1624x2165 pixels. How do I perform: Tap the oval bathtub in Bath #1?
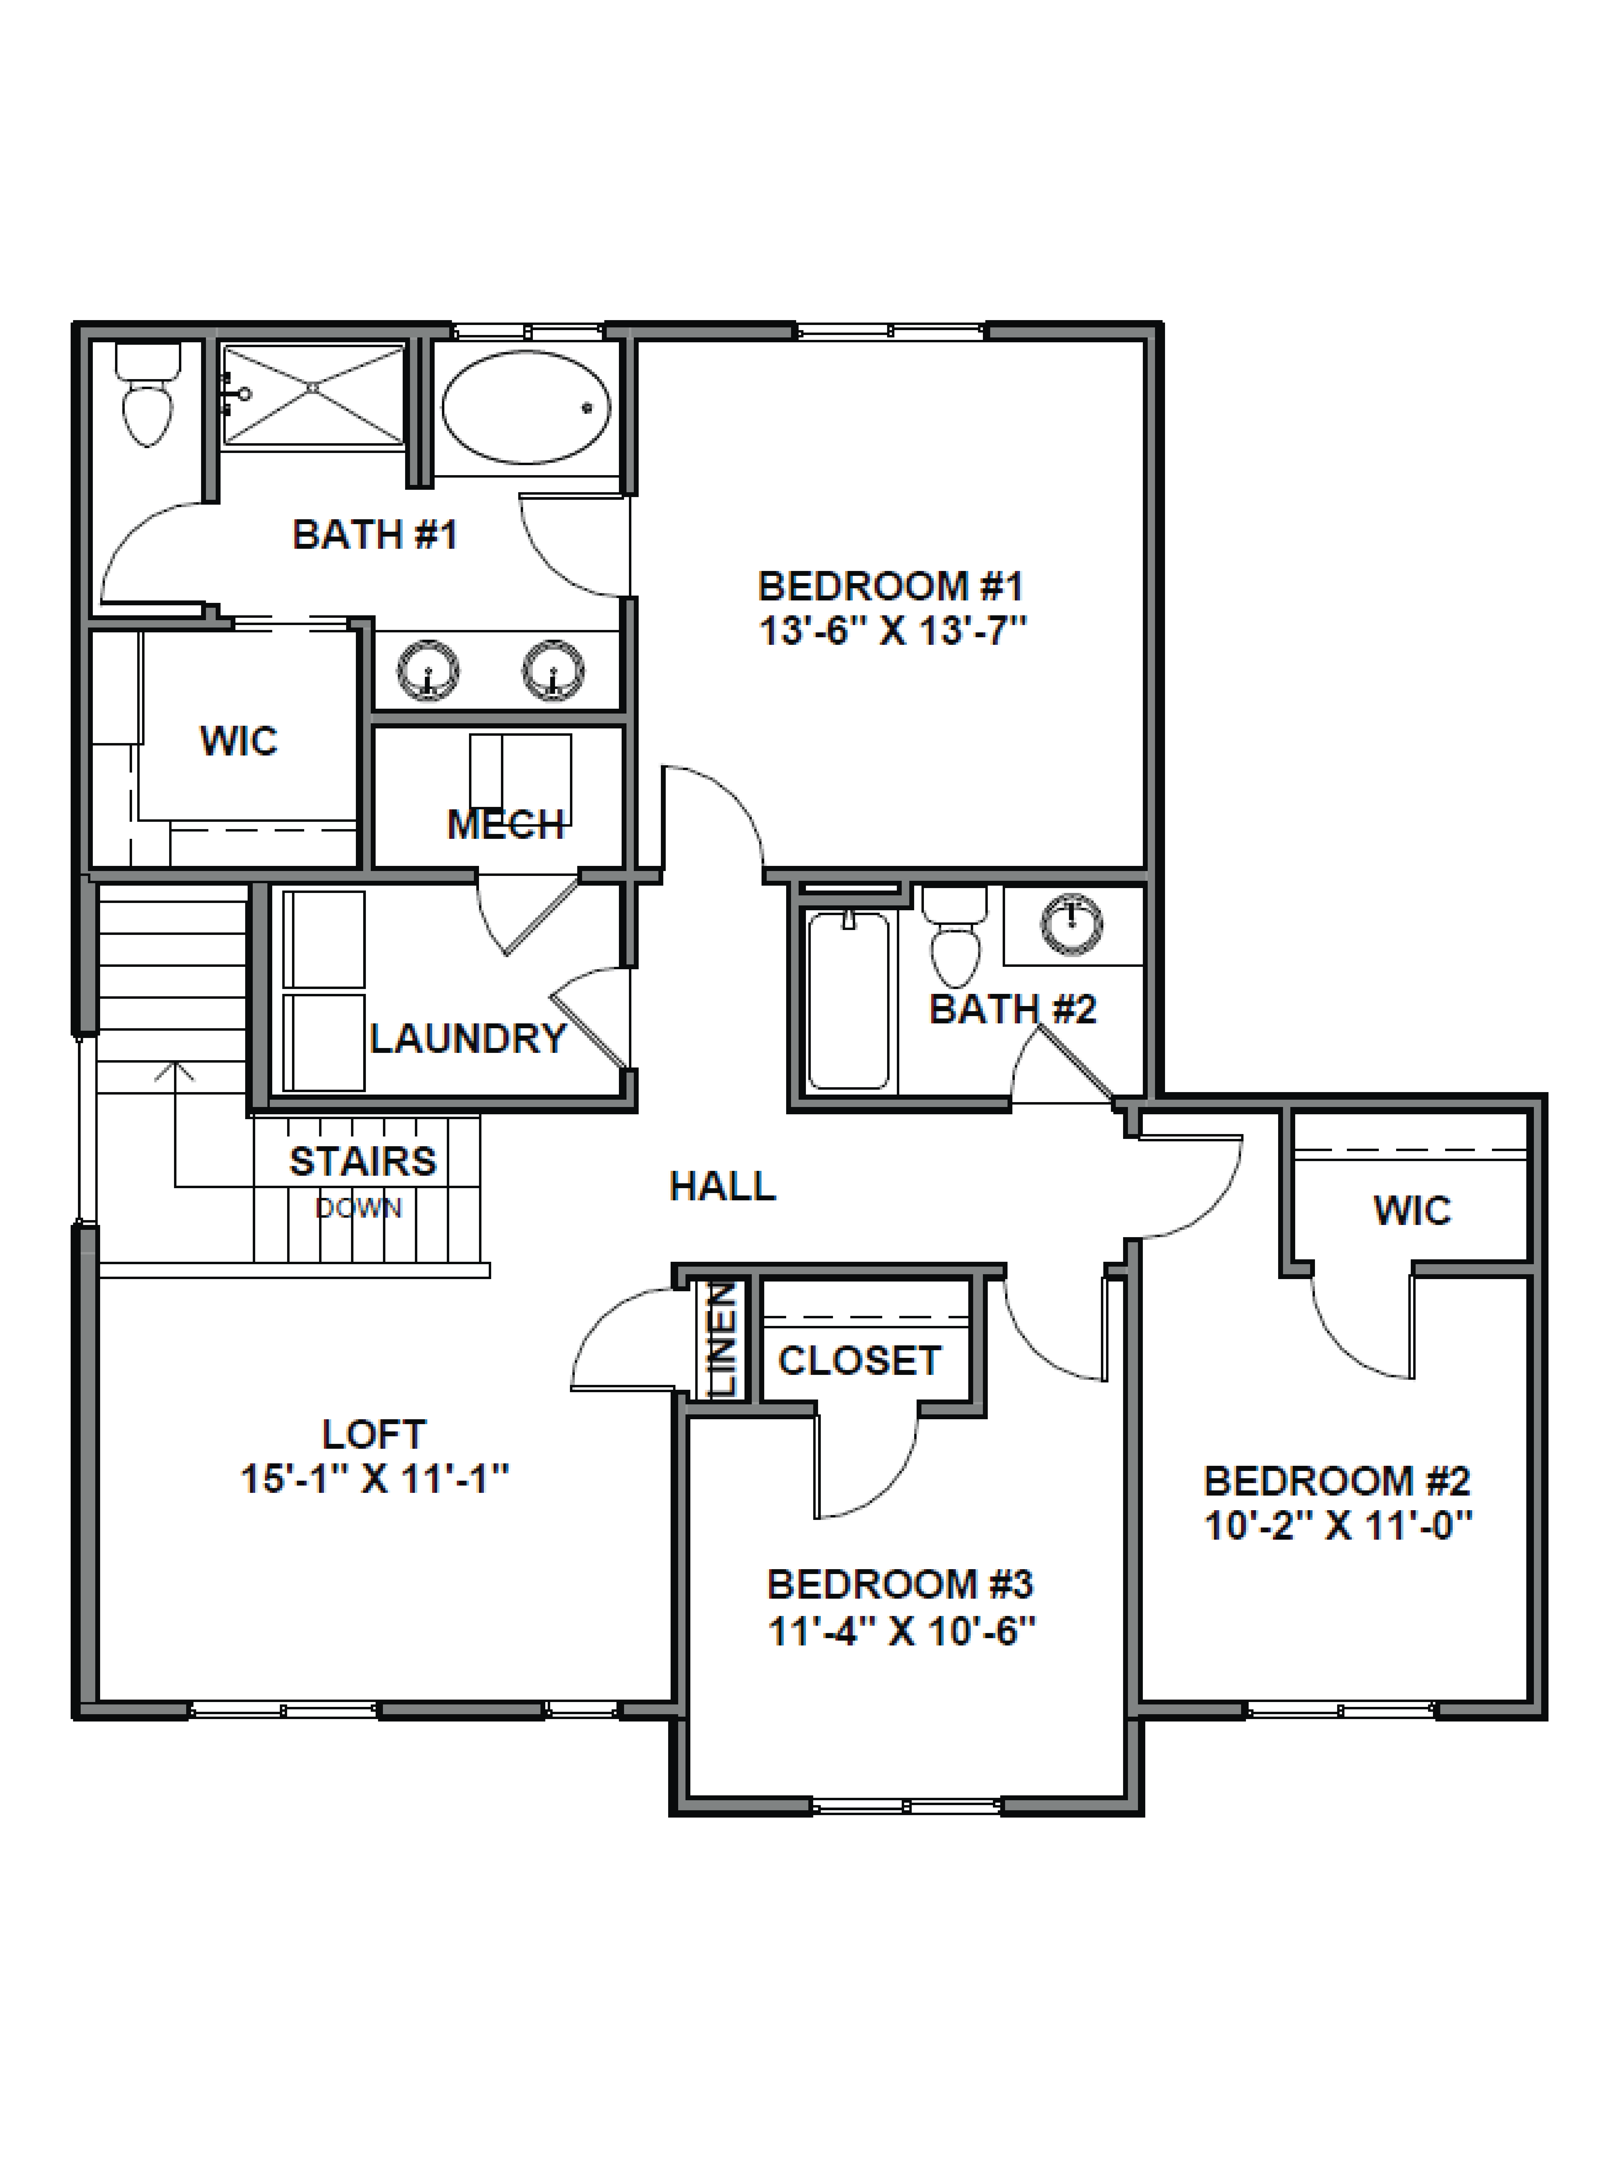point(526,406)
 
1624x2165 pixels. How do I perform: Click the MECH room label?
point(505,825)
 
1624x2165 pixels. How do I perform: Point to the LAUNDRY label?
point(468,1039)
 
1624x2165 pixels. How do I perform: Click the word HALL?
point(723,1186)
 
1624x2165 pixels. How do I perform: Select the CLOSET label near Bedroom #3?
point(859,1361)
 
